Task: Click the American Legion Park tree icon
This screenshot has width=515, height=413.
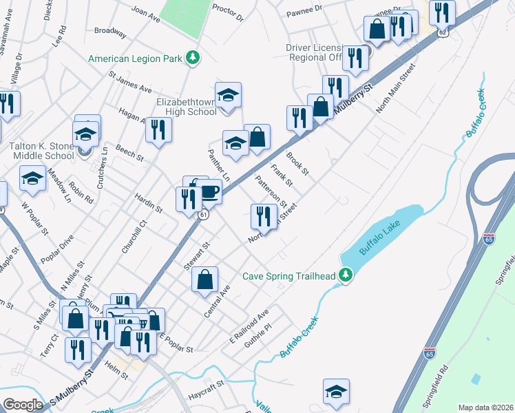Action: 194,58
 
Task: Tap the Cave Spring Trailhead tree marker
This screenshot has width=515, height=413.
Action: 347,276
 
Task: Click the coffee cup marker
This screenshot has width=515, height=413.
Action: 209,191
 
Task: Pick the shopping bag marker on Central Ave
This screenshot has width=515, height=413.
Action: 204,279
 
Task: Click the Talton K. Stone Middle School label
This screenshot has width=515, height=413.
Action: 42,151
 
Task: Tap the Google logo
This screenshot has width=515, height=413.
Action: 23,405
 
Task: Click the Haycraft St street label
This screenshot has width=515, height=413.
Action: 206,393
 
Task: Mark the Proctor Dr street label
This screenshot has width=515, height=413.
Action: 228,12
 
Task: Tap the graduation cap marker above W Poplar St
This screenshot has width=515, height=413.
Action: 32,178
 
